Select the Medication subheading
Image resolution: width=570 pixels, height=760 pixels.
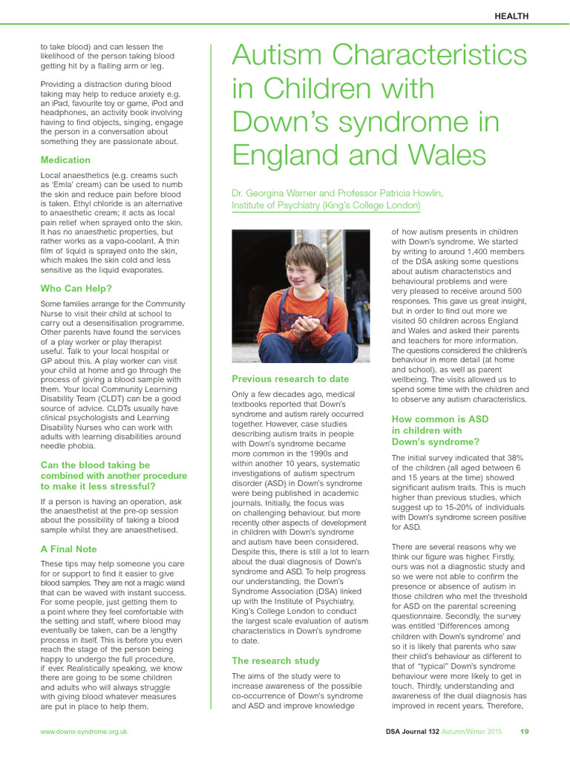(65, 160)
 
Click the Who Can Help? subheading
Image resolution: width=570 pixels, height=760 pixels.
(75, 287)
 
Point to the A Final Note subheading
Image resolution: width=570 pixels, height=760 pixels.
(68, 549)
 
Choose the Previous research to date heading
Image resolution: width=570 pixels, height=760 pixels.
(290, 379)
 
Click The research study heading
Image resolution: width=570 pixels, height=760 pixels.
(275, 661)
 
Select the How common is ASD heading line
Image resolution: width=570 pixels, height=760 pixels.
(440, 419)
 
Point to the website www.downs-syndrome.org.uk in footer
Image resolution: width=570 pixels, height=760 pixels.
(84, 732)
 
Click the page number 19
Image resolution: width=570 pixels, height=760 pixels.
(524, 732)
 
